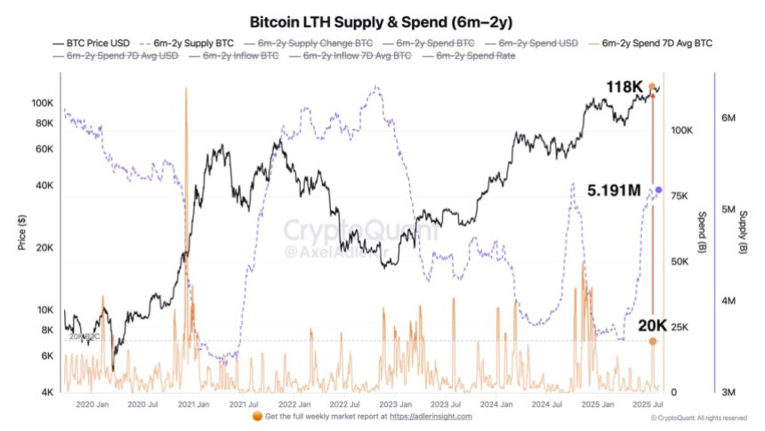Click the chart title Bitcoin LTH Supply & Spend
(382, 20)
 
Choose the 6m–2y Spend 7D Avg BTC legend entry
(656, 43)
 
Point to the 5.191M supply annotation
(616, 191)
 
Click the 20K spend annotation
(633, 326)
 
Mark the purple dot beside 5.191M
(659, 190)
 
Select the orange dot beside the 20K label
(653, 341)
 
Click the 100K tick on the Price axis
(42, 103)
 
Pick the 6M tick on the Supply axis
(728, 118)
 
